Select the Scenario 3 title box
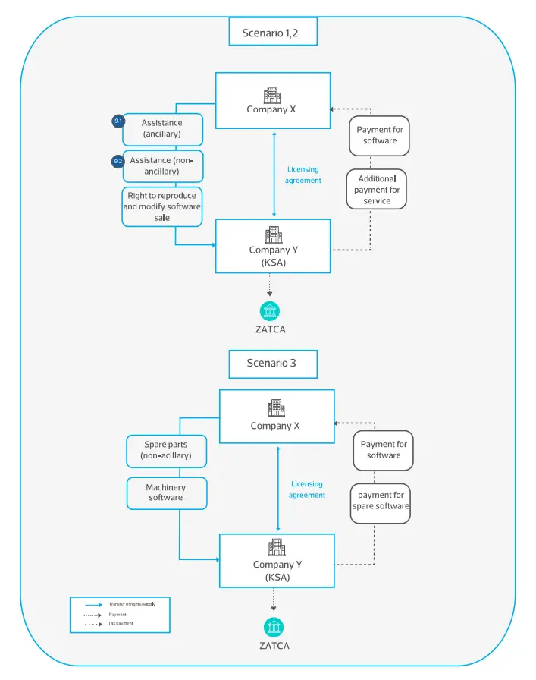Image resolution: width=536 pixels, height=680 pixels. [x=273, y=363]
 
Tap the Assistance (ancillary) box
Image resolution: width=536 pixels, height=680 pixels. [x=162, y=128]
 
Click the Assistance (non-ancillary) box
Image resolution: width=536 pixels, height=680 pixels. [x=162, y=166]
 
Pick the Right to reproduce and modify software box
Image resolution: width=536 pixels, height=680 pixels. [x=162, y=206]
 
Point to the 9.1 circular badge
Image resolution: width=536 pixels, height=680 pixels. [x=118, y=122]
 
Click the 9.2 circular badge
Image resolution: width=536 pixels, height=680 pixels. [x=118, y=162]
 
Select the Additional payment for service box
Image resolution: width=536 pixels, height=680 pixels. [x=377, y=190]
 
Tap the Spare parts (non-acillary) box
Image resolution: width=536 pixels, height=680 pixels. [x=166, y=450]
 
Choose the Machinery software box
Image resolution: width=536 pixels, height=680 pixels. [x=166, y=493]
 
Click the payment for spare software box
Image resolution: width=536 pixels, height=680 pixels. [x=381, y=501]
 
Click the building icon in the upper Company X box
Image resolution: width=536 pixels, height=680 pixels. [x=271, y=95]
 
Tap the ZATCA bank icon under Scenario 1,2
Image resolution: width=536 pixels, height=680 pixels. [x=270, y=311]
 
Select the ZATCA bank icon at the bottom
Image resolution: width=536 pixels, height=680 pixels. [x=274, y=627]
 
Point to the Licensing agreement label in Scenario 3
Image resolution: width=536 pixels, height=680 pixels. [x=307, y=490]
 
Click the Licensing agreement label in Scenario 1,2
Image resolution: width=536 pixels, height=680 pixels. [x=303, y=175]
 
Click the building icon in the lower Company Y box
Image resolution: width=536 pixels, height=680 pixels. [x=276, y=548]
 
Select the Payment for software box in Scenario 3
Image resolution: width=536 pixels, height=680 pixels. [x=384, y=449]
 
